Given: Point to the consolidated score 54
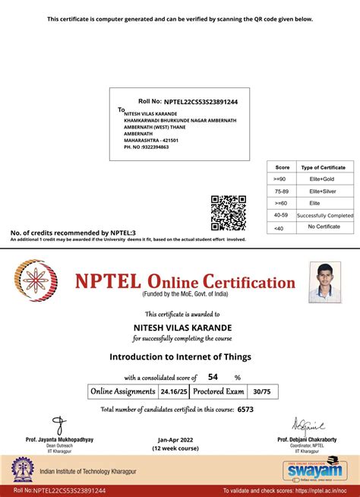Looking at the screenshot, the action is tap(213, 376).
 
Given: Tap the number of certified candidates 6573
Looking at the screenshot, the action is tap(245, 409).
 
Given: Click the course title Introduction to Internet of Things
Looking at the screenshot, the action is tap(180, 356).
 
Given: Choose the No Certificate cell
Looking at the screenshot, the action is tap(324, 227).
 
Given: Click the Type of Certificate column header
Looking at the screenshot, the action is tap(324, 166).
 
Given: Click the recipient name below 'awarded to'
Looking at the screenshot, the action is tap(180, 328).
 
